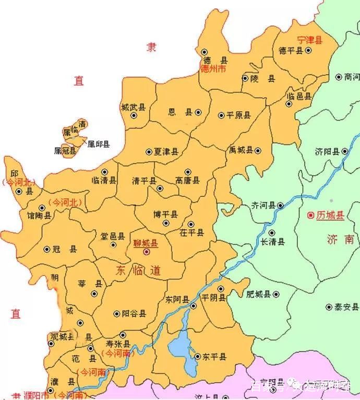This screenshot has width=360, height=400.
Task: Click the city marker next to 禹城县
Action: point(257,150)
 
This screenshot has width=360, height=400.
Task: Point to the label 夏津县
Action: point(166,152)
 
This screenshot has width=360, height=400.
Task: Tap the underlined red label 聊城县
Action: point(146,242)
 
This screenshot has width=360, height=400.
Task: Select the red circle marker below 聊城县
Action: point(147,252)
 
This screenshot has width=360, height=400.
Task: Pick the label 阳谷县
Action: point(134,314)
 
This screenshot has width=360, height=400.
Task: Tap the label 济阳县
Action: point(327,152)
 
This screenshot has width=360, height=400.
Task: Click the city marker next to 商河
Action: point(339,77)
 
